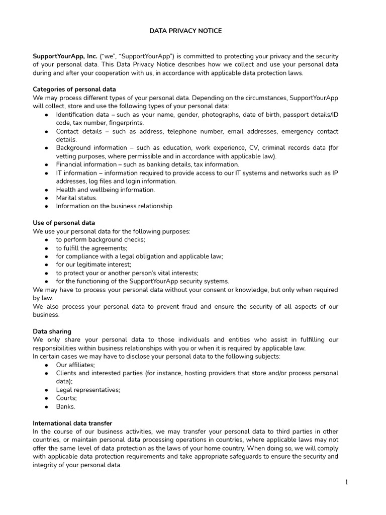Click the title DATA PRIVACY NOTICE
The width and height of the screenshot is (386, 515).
[x=185, y=31]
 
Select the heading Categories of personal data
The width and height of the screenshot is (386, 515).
[x=74, y=90]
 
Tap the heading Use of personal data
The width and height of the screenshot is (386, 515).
[x=64, y=223]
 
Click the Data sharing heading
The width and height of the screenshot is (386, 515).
[x=52, y=331]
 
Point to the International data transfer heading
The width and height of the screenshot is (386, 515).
[x=72, y=423]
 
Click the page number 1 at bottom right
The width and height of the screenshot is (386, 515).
[x=346, y=482]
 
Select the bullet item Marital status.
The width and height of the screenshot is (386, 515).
[x=76, y=198]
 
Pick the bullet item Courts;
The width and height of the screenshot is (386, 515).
[x=66, y=398]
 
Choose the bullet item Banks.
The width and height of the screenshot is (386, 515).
[x=65, y=406]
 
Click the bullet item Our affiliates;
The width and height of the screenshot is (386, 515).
[x=75, y=365]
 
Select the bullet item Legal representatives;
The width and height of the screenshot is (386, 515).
[x=88, y=390]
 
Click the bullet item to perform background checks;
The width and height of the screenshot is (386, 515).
[x=101, y=239]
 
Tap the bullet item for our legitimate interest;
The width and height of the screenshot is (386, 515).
[x=93, y=265]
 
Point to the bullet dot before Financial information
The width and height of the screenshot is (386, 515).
[x=46, y=164]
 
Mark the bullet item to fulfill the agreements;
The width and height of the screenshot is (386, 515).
[x=91, y=248]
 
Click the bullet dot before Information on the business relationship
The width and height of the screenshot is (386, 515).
[x=46, y=206]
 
